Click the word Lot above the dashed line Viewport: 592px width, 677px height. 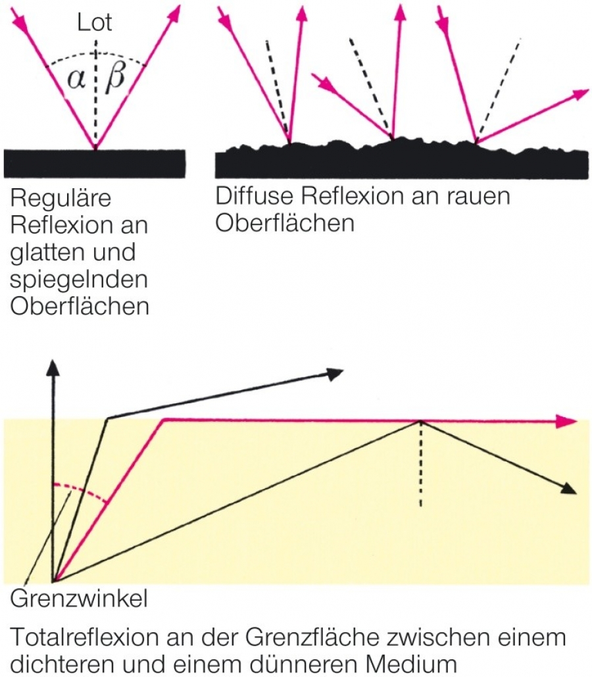[x=95, y=22]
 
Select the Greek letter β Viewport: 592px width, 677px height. [x=116, y=78]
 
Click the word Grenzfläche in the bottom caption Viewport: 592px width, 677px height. [x=299, y=637]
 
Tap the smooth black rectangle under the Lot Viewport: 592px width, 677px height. [x=95, y=163]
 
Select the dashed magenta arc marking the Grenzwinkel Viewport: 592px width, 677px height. [x=82, y=492]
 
